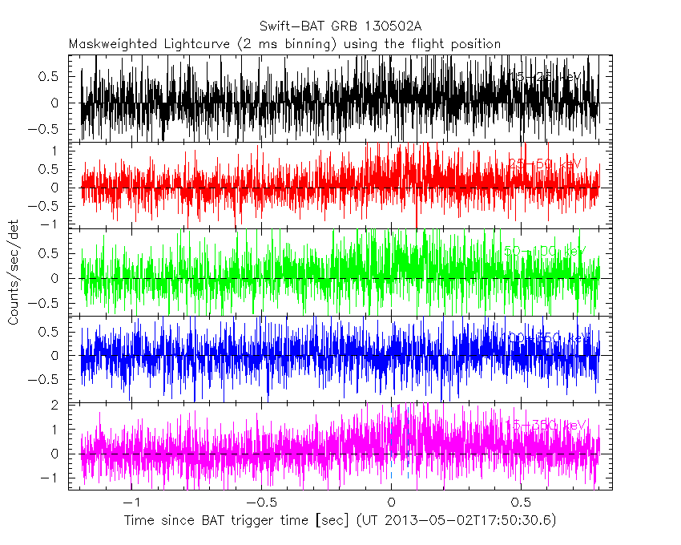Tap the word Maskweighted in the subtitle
(107, 43)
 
